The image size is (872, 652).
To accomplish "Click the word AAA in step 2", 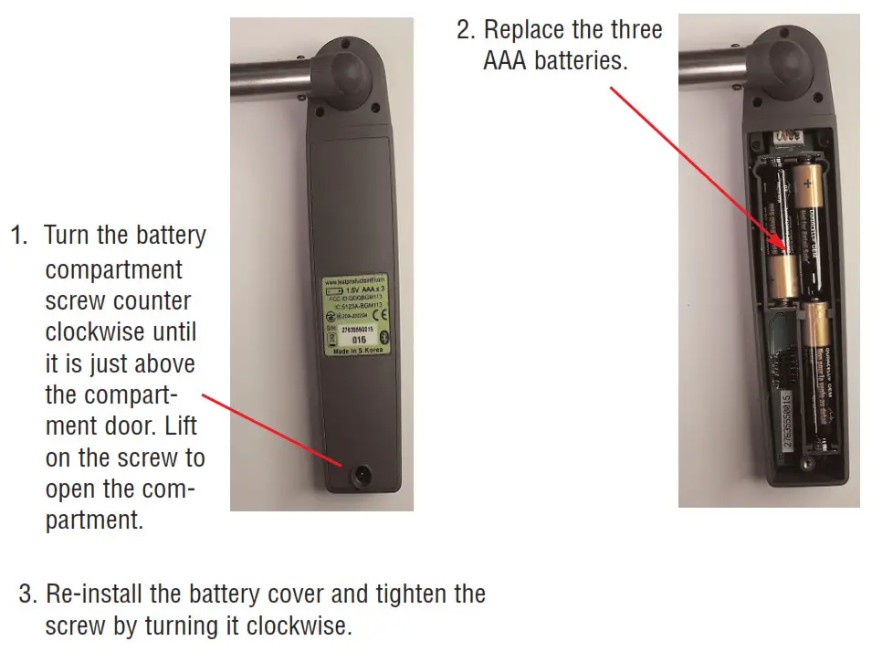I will (x=511, y=62).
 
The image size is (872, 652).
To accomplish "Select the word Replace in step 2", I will (x=524, y=29).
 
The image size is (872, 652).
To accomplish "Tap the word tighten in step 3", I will (x=403, y=594).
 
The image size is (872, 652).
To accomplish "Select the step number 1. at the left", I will (x=21, y=236).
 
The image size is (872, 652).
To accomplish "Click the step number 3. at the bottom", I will (x=29, y=594).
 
